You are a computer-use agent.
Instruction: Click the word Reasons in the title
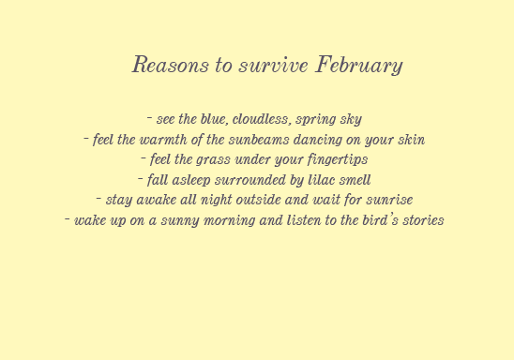click(171, 64)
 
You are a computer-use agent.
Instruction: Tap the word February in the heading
click(359, 66)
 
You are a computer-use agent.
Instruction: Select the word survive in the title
click(273, 65)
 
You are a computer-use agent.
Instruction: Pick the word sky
click(351, 120)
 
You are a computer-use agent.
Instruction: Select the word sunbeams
click(259, 140)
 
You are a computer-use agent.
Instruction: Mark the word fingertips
click(338, 160)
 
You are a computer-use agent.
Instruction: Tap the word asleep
click(191, 181)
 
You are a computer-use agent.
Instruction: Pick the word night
click(216, 201)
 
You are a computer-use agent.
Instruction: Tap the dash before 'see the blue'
click(149, 117)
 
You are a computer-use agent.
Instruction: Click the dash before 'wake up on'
click(68, 218)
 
